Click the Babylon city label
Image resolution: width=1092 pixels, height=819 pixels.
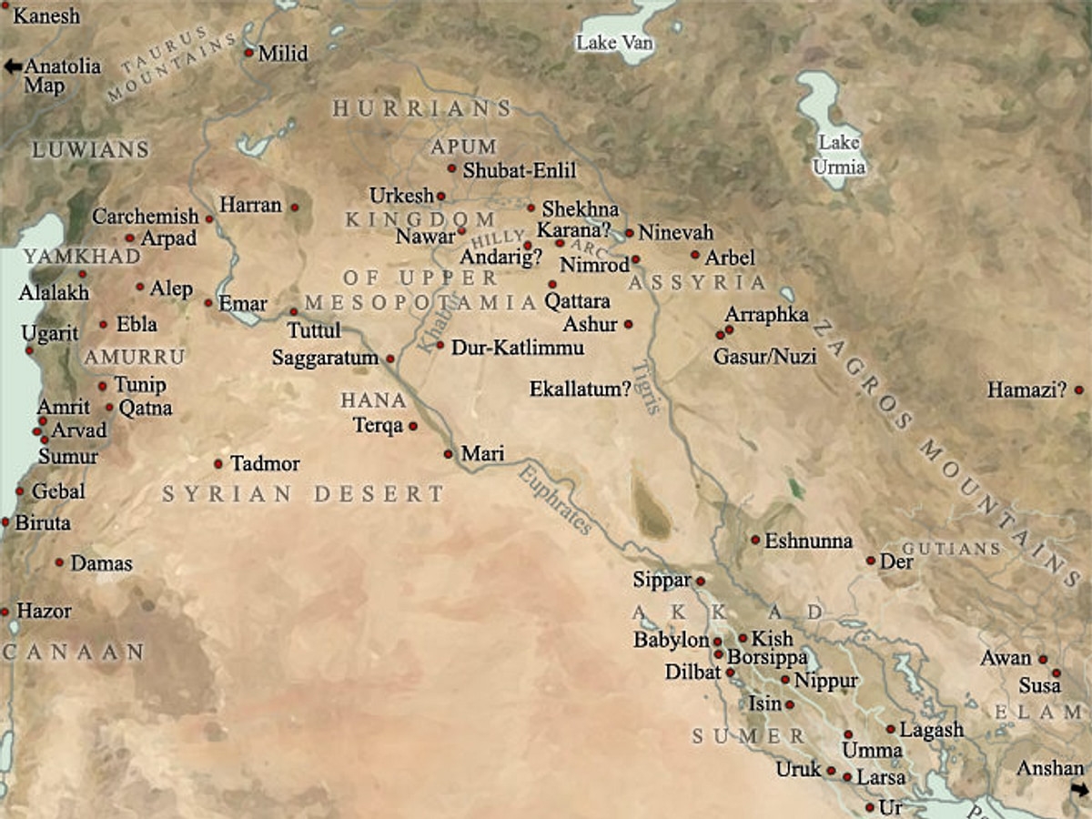[x=672, y=641]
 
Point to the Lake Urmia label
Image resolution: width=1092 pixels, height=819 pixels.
[x=839, y=155]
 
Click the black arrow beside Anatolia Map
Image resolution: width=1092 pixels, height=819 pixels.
[x=12, y=66]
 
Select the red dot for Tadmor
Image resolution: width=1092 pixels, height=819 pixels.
[x=218, y=463]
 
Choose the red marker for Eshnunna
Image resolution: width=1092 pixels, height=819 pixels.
[x=755, y=540]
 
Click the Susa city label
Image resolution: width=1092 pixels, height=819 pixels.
[x=1040, y=685]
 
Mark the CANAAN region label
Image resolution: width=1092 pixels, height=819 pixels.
[x=73, y=652]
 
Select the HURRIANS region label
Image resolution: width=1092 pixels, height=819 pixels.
[x=422, y=109]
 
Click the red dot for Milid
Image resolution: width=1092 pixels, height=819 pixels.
[x=248, y=53]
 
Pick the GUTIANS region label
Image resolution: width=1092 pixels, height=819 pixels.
[x=952, y=549]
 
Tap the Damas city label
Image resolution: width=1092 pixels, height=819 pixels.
[x=101, y=563]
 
